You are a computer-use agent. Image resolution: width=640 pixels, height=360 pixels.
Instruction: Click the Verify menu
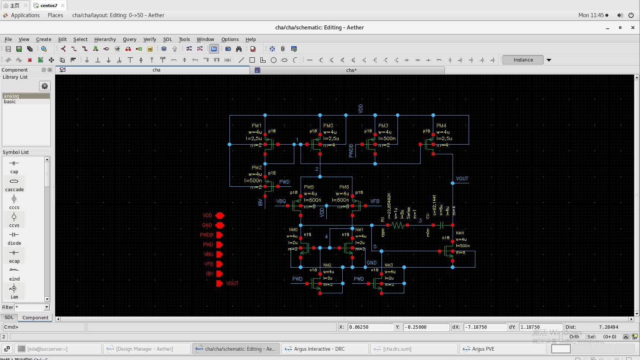pos(150,39)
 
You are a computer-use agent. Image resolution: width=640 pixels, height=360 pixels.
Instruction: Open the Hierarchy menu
pos(105,39)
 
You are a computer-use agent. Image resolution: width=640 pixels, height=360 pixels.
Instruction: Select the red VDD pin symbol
pos(220,215)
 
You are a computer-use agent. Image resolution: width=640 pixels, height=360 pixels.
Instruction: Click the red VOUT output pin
pos(219,283)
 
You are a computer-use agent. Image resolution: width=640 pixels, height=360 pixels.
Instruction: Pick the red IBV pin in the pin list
pos(219,274)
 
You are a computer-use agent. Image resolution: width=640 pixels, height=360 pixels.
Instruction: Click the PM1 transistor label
pos(257,126)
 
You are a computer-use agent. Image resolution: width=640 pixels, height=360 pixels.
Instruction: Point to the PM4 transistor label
pos(441,126)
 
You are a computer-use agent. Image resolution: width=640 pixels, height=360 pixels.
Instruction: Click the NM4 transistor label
pos(460,233)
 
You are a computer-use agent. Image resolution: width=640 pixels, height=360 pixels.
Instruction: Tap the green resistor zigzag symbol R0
pos(398,225)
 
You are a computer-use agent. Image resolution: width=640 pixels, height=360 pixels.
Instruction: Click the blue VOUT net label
pos(462,179)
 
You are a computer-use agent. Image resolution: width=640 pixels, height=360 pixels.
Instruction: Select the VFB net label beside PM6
pos(375,201)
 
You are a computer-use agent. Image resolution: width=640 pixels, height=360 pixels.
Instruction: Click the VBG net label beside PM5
pos(281,201)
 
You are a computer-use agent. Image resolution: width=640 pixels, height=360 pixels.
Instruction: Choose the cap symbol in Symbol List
pos(14,166)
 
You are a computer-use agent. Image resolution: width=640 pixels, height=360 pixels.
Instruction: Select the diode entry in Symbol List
pos(14,238)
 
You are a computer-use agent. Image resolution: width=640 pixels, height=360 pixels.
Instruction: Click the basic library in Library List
pos(10,101)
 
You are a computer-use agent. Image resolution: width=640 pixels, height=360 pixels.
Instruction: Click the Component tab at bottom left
pos(35,318)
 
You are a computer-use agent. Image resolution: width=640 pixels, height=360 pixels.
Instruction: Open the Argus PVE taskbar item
pos(483,349)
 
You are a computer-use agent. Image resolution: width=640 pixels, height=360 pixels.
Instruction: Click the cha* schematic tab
pos(351,70)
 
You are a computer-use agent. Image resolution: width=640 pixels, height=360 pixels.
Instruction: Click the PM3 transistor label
pos(383,126)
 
